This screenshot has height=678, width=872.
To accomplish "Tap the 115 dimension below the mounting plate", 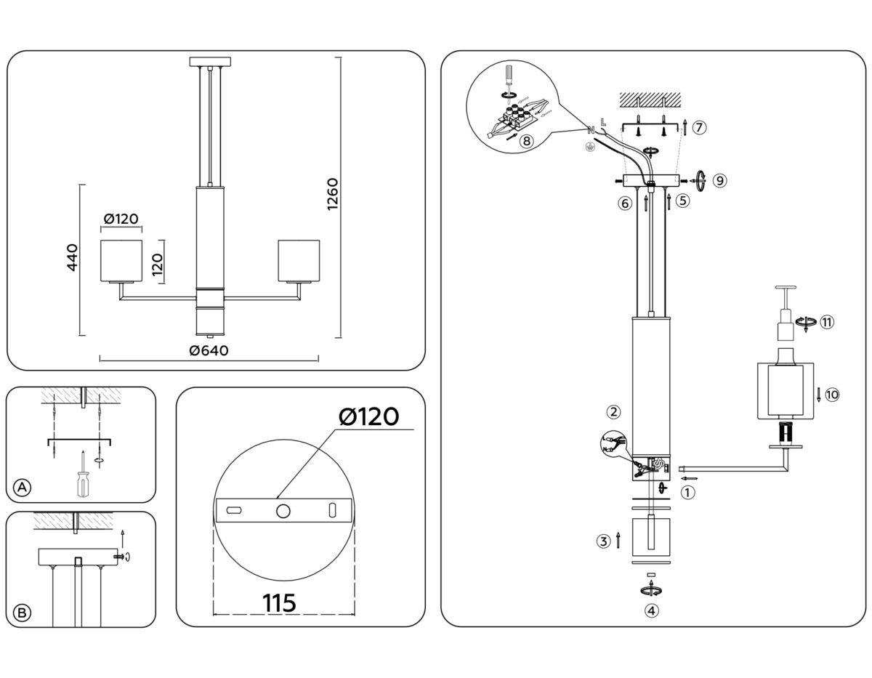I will pyautogui.click(x=280, y=602).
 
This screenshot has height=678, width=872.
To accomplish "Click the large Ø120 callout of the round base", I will pyautogui.click(x=369, y=417).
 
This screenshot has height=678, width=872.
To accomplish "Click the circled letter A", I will pyautogui.click(x=23, y=488).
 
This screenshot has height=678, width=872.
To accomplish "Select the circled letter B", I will pyautogui.click(x=23, y=613).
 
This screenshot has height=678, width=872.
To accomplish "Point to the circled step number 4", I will pyautogui.click(x=652, y=610).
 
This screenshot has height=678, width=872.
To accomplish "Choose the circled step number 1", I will pyautogui.click(x=687, y=492).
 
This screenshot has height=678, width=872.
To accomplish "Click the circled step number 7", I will pyautogui.click(x=698, y=127).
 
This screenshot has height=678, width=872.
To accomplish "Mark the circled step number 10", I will pyautogui.click(x=833, y=395).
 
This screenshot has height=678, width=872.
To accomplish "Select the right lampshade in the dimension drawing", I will pyautogui.click(x=299, y=259).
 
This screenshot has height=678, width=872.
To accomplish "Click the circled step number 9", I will pyautogui.click(x=719, y=180).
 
